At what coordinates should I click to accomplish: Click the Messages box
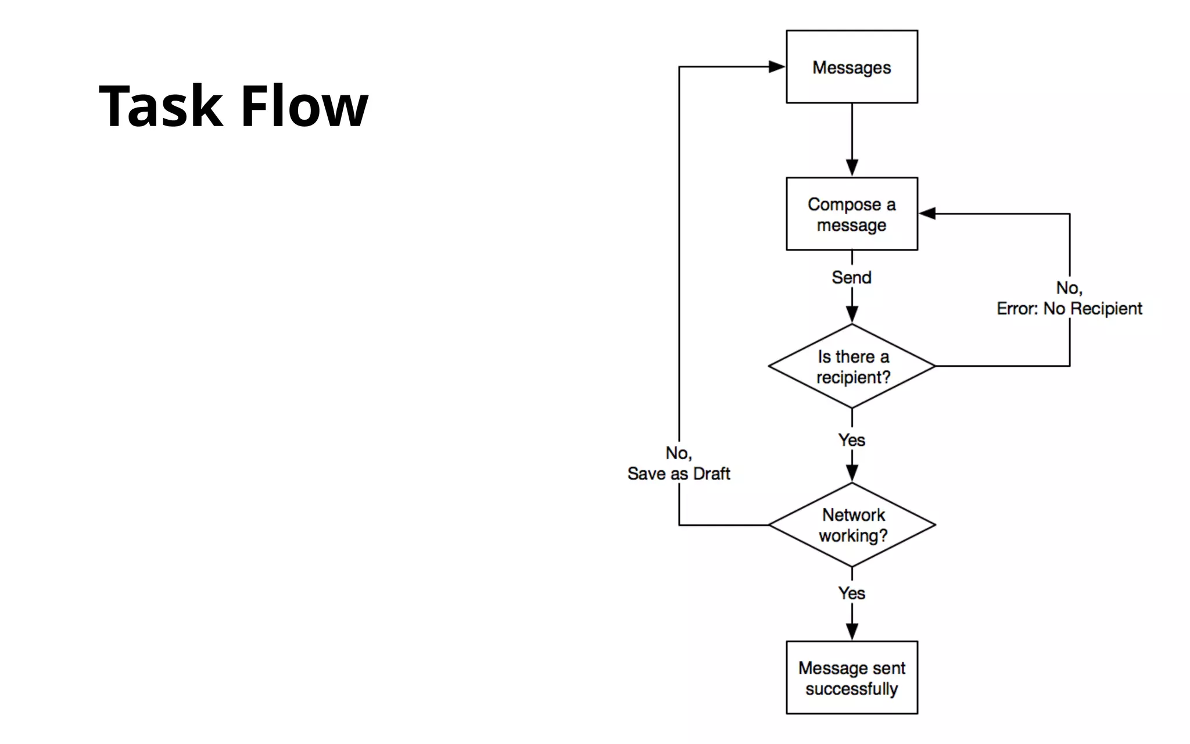[x=852, y=67]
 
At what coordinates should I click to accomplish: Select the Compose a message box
[x=852, y=214]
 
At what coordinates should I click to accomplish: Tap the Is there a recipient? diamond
[x=852, y=366]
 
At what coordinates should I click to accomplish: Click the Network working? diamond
[x=852, y=525]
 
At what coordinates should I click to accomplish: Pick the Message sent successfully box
[x=852, y=678]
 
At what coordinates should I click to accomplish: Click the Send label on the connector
[x=852, y=277]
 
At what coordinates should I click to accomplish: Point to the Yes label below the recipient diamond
[x=852, y=440]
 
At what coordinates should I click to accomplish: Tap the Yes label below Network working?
[x=852, y=593]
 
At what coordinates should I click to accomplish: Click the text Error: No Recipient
[x=1069, y=309]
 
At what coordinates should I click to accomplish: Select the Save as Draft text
[x=679, y=474]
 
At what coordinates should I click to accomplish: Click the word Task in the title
[x=161, y=106]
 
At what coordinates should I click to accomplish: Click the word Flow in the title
[x=304, y=106]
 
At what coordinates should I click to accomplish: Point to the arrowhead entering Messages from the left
[x=777, y=67]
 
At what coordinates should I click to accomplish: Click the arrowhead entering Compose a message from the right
[x=927, y=214]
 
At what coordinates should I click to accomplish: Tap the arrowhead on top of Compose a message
[x=852, y=168]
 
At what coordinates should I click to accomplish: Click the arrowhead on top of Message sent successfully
[x=852, y=632]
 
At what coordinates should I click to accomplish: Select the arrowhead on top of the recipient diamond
[x=852, y=314]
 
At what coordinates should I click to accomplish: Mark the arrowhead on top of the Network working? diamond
[x=852, y=473]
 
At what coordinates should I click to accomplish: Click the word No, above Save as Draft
[x=679, y=453]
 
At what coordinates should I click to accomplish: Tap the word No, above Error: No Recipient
[x=1069, y=288]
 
